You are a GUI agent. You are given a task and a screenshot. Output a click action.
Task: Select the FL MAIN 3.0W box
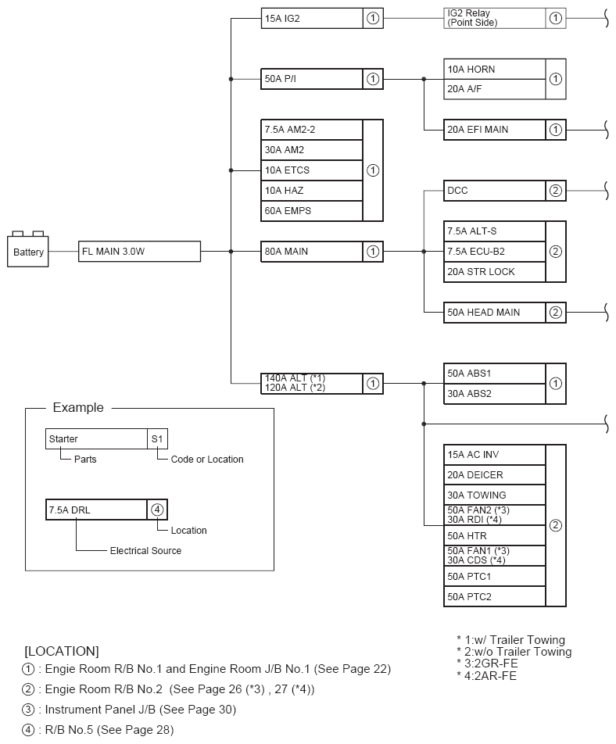point(140,252)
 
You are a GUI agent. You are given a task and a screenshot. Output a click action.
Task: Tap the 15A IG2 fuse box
point(312,18)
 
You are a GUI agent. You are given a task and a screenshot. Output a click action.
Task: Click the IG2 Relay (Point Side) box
point(494,18)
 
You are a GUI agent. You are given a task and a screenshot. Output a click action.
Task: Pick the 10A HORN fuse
point(494,69)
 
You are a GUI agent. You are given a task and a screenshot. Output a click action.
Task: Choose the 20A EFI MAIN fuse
point(494,130)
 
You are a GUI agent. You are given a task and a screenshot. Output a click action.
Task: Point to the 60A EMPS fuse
point(312,211)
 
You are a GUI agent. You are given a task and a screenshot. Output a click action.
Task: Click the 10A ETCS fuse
point(312,170)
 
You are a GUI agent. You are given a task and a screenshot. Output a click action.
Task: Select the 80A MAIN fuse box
point(312,252)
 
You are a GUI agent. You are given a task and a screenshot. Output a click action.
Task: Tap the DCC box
point(494,191)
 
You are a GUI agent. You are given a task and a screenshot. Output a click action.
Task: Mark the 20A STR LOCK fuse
point(494,272)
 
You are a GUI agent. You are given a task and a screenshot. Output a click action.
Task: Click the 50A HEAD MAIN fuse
point(494,313)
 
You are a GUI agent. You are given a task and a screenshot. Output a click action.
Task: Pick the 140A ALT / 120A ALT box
point(312,383)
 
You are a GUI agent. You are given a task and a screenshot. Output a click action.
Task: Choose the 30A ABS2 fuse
point(494,394)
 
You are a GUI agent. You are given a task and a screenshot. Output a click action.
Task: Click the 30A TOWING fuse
point(494,495)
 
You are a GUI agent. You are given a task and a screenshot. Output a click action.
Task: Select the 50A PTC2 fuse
point(494,597)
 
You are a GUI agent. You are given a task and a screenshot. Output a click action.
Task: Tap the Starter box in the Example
point(96,439)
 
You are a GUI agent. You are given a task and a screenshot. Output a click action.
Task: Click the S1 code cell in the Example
point(157,439)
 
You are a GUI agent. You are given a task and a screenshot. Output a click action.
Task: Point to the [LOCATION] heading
point(62,650)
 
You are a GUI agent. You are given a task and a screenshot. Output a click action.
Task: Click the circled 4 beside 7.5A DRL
point(157,510)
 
